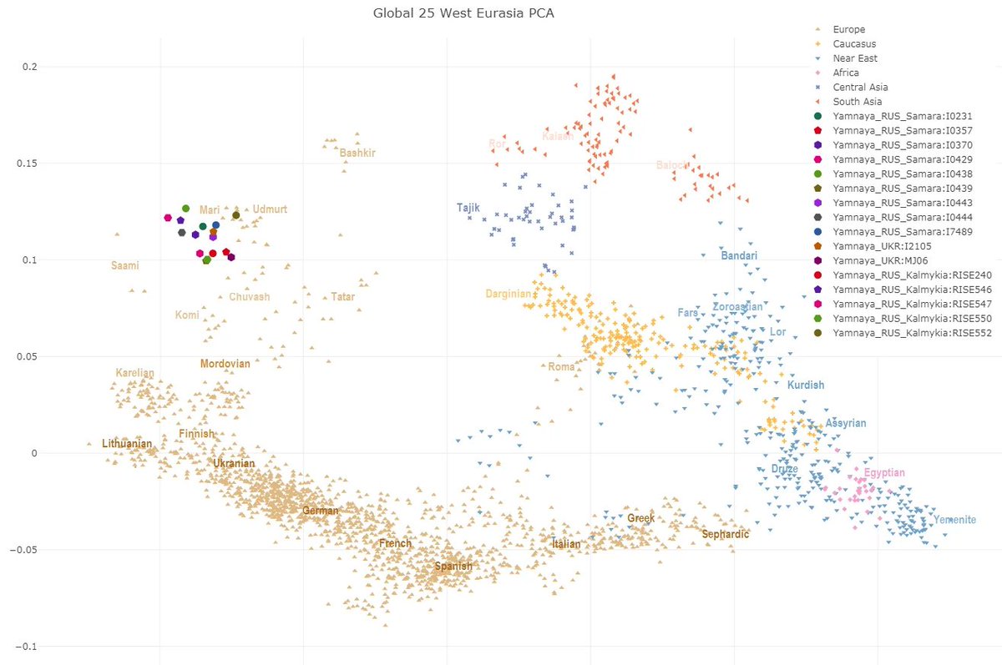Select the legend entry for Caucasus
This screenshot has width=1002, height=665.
point(861,43)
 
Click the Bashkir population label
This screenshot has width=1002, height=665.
point(357,153)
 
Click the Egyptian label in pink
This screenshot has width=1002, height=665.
point(884,473)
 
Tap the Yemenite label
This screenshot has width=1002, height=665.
point(954,520)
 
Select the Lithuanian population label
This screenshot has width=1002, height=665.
point(127,444)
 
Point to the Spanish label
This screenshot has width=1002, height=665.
point(453,567)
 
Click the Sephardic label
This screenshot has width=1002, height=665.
point(726,534)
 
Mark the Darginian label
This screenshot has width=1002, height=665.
point(508,294)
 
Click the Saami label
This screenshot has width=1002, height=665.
point(125,266)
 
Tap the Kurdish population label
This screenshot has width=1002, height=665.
point(806,385)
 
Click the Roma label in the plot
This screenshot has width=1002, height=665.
point(562,367)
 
